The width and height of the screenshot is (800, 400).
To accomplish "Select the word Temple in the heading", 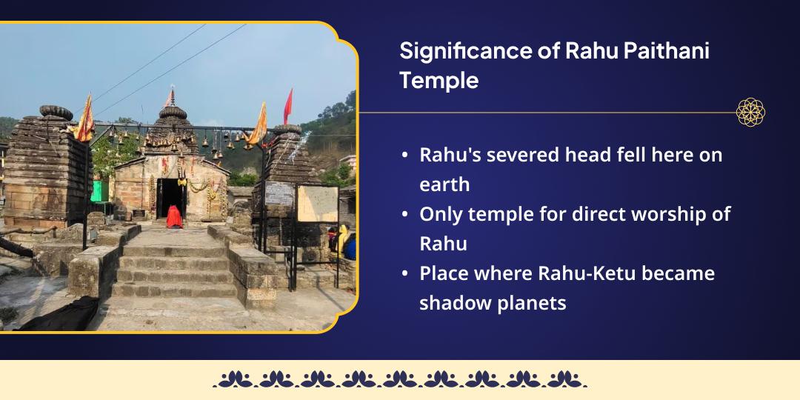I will [439, 80].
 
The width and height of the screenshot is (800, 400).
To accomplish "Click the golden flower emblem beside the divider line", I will [750, 113].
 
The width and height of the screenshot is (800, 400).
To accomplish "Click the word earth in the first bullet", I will [444, 184].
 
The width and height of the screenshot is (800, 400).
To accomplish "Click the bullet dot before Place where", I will [404, 274].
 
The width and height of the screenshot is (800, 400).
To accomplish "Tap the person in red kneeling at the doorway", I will [174, 216].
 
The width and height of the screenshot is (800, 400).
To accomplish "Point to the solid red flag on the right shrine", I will [288, 105].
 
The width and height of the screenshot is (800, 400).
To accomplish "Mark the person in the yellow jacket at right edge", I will [342, 239].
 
